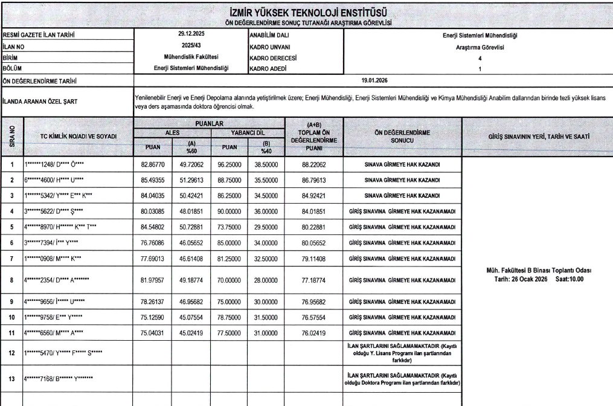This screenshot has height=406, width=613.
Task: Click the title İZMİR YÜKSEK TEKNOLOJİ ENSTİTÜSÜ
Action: pyautogui.click(x=306, y=11)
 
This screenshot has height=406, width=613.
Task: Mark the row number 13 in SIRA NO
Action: pyautogui.click(x=11, y=378)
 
